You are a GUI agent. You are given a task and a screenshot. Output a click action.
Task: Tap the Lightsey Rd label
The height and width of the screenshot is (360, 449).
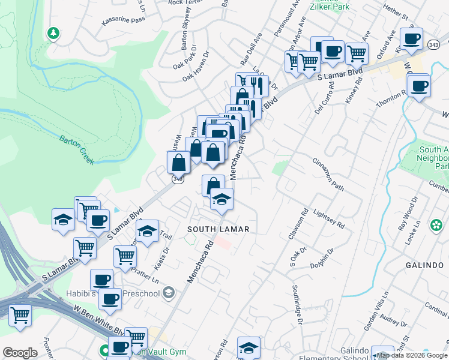[329, 219]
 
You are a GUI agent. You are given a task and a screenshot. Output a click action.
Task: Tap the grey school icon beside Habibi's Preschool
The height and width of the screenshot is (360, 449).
[169, 293]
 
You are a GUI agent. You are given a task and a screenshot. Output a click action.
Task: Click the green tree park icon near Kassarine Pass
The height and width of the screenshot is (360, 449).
[53, 33]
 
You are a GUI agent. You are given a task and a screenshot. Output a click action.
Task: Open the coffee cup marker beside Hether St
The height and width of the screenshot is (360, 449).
[412, 39]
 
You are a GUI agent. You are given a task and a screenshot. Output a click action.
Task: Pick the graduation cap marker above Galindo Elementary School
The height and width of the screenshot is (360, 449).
[248, 347]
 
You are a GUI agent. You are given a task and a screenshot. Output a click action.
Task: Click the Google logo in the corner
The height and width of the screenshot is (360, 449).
[20, 353]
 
